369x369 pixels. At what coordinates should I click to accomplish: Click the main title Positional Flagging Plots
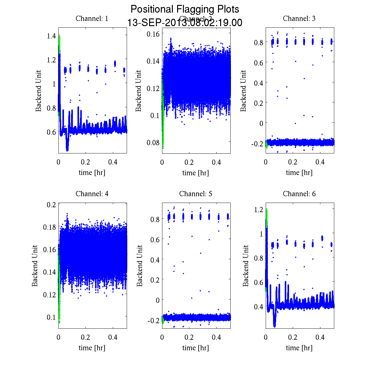click(184, 9)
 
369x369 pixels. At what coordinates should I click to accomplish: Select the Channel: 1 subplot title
click(92, 18)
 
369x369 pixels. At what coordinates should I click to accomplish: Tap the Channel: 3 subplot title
click(299, 18)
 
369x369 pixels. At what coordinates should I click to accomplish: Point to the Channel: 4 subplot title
click(92, 194)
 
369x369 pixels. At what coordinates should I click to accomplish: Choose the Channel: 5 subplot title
click(196, 194)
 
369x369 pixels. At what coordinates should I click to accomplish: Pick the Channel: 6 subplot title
click(299, 194)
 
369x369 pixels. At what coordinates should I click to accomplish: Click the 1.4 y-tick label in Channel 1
click(51, 36)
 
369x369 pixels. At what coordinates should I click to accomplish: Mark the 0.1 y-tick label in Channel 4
click(51, 317)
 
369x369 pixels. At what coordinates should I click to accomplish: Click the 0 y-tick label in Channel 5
click(158, 300)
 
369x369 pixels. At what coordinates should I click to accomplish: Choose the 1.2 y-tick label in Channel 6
click(259, 210)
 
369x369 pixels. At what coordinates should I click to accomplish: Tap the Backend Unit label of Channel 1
click(38, 91)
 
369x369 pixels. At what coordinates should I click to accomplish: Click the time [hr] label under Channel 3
click(299, 173)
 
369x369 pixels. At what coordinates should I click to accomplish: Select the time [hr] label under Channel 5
click(196, 348)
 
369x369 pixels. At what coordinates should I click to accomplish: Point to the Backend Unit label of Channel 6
click(246, 266)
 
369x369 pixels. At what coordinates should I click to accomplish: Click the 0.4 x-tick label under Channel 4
click(113, 337)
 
